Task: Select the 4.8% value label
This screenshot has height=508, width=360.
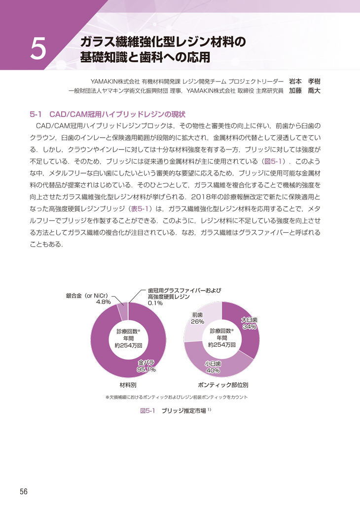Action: click(103, 302)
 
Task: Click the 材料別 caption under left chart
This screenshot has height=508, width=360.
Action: click(128, 384)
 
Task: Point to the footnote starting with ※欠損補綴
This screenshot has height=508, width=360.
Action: click(176, 397)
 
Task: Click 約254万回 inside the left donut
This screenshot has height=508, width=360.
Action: click(128, 346)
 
